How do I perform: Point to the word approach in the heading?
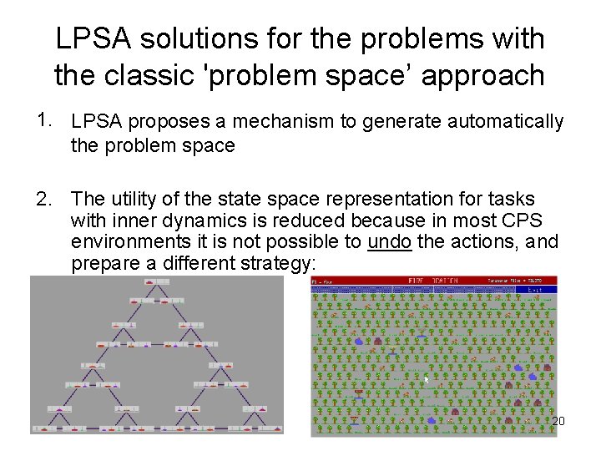(x=483, y=76)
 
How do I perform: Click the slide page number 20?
(x=558, y=421)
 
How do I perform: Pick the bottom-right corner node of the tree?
(x=275, y=428)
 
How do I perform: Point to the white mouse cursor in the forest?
(x=426, y=380)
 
